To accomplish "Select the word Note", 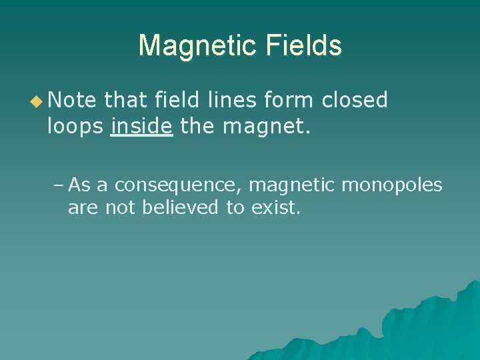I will point(73,100).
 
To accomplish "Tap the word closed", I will point(355,100).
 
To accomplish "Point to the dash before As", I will point(58,185).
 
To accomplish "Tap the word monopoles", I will point(392,185).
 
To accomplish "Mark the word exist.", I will point(276,207).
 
